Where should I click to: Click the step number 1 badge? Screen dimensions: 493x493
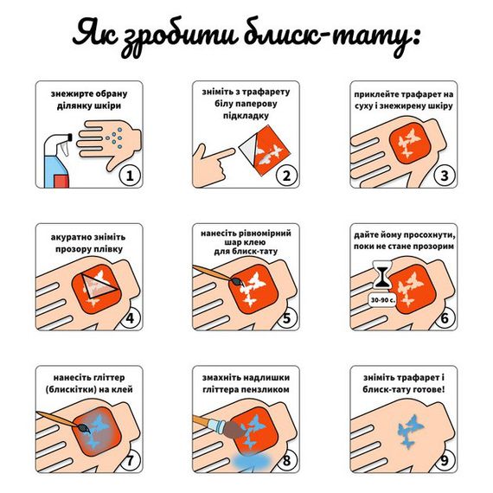[x=131, y=176]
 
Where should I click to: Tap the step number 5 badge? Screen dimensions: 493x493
[x=287, y=317]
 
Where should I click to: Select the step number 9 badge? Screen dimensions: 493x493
[x=444, y=459]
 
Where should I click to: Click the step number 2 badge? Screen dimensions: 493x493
[x=287, y=176]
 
